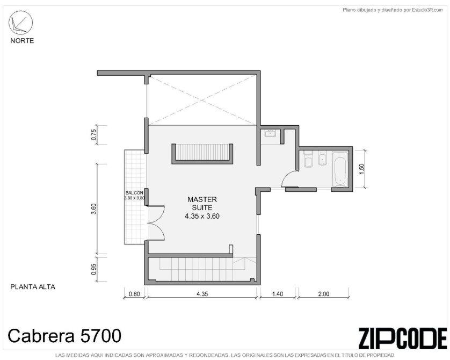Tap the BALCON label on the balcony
coord(134,193)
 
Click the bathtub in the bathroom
coord(340,169)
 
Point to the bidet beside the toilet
coord(323,159)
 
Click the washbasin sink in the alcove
coord(270,133)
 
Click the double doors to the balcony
coord(156,222)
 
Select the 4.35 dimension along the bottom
coord(202,294)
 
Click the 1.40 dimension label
coord(277,294)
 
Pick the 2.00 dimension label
coord(323,294)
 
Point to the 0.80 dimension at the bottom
coord(134,294)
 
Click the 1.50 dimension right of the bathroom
coord(361,169)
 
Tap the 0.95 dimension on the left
coord(93,269)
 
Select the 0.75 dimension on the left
coord(93,135)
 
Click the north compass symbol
coord(20,23)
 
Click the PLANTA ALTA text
coord(33,287)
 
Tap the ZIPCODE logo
coord(403,338)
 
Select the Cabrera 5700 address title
coord(64,336)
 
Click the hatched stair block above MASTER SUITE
coord(202,154)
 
